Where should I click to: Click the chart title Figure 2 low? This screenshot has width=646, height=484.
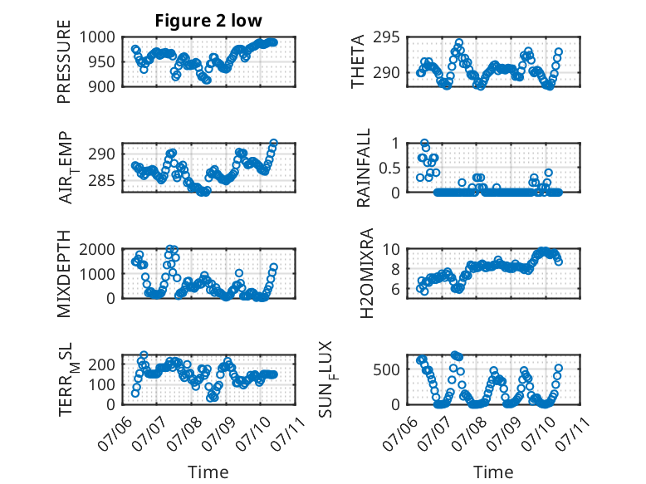(208, 21)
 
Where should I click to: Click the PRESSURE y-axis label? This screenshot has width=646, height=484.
(64, 61)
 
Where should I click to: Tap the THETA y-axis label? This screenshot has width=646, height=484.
(358, 61)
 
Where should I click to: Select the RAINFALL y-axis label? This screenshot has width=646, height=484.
(364, 168)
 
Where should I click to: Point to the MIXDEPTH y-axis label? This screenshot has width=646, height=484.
(64, 273)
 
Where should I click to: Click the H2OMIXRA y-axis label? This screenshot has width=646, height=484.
(366, 273)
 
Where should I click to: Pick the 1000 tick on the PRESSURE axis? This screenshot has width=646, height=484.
(97, 37)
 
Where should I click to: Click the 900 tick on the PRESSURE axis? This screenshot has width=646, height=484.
(102, 86)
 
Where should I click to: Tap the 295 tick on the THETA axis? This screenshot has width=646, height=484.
(387, 37)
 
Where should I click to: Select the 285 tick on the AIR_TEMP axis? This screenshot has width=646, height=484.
(102, 181)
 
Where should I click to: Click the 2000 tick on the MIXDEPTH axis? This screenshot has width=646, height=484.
(97, 249)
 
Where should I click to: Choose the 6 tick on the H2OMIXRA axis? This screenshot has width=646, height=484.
(396, 290)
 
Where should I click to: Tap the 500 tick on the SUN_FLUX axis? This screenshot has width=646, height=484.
(387, 370)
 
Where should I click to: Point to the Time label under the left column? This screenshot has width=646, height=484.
(208, 472)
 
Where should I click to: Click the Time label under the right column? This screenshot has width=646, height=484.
(493, 472)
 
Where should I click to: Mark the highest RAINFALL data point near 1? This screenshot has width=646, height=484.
(424, 144)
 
